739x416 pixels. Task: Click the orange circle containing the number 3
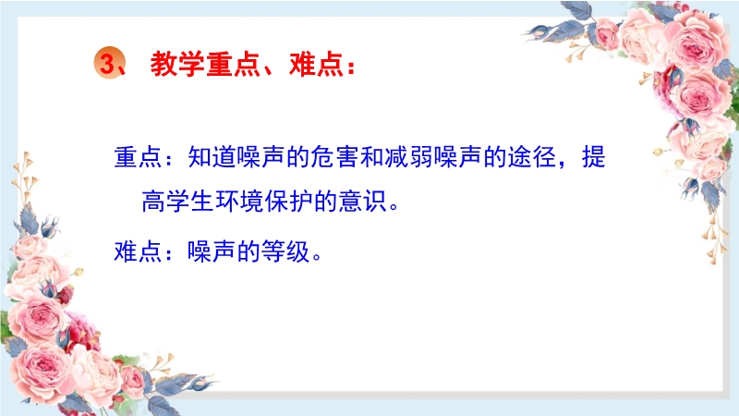click(109, 63)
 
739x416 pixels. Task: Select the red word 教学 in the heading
click(177, 64)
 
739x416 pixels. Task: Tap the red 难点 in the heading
click(316, 64)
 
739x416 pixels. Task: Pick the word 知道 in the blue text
click(212, 156)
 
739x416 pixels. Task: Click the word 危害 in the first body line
click(334, 156)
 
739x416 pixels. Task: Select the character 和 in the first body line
click(372, 156)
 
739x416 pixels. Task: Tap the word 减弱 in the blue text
click(408, 156)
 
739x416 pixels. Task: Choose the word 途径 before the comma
click(532, 156)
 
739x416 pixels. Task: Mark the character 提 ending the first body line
click(593, 156)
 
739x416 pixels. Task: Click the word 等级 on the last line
click(285, 251)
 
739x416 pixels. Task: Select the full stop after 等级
click(317, 257)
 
